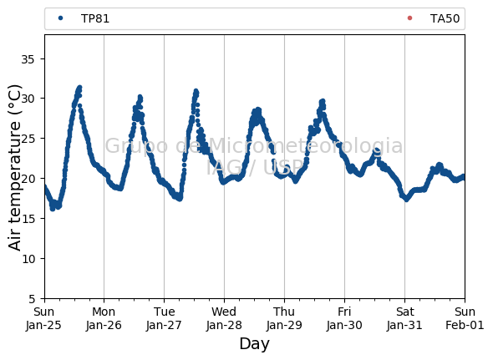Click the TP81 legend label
[x=95, y=18]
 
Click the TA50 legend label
[x=445, y=18]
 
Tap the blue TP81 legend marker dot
[x=61, y=18]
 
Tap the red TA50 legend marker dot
[x=409, y=18]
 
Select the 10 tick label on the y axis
[x=28, y=259]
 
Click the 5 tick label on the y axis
[x=32, y=299]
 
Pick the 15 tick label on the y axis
[x=28, y=219]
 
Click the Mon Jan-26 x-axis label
[x=104, y=318]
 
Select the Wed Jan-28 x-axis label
[x=224, y=318]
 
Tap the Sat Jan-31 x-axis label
[x=404, y=318]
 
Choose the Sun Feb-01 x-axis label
[x=465, y=318]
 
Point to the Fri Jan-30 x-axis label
[x=344, y=318]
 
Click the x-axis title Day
[x=254, y=343]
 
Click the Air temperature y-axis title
[x=14, y=168]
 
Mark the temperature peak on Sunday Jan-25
[x=79, y=87]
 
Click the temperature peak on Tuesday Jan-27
[x=196, y=91]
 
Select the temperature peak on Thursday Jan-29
[x=323, y=101]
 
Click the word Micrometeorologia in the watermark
[x=305, y=145]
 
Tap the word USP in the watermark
[x=283, y=167]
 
